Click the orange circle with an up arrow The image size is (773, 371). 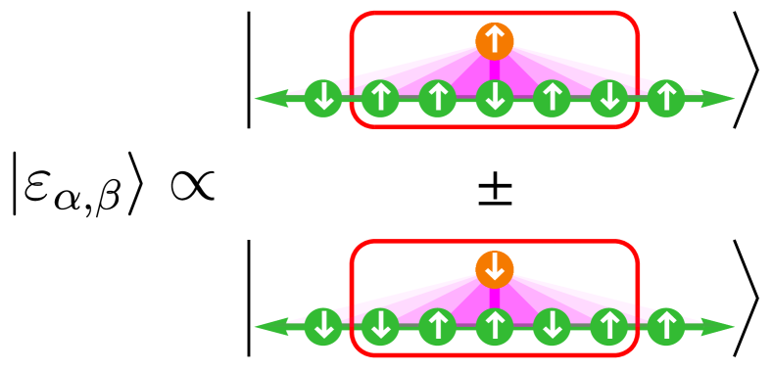point(495,41)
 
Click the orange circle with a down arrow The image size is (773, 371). point(495,269)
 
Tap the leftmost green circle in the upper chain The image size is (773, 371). point(323,98)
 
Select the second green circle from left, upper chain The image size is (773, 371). point(380,98)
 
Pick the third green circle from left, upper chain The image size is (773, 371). point(437,98)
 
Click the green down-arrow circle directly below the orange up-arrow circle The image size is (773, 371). point(495,98)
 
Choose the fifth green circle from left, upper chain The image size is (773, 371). point(552,98)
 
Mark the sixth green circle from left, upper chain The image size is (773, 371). point(609,98)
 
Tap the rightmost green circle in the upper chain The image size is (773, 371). point(666,98)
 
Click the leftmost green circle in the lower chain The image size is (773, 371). point(323,327)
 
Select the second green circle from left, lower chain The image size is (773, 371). point(380,327)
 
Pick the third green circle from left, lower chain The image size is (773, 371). point(437,327)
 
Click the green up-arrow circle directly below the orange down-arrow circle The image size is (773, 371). point(495,327)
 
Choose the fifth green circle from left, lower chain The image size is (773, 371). point(552,327)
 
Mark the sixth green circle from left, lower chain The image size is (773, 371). point(609,327)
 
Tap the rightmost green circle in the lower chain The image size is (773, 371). point(666,327)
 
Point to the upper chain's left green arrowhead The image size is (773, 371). point(270,98)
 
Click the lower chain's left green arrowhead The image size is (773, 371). point(270,327)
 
